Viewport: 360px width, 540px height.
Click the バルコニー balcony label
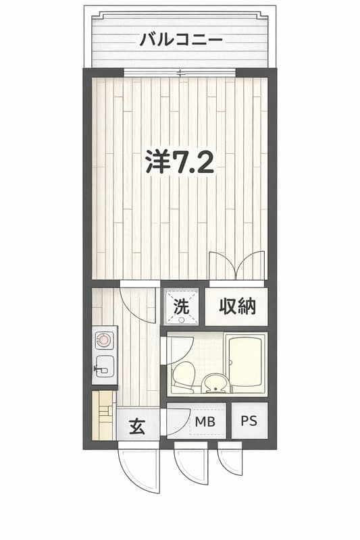pyautogui.click(x=181, y=40)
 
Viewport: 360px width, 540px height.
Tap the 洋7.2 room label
pyautogui.click(x=180, y=162)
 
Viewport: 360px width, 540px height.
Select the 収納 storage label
pyautogui.click(x=237, y=306)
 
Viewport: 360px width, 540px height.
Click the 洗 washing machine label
pyautogui.click(x=181, y=306)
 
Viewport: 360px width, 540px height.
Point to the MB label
pyautogui.click(x=205, y=421)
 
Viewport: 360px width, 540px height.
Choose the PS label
pyautogui.click(x=249, y=421)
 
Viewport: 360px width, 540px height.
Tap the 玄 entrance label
pyautogui.click(x=137, y=427)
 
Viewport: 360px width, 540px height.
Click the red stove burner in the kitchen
pyautogui.click(x=103, y=340)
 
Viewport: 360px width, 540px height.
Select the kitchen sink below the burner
pyautogui.click(x=105, y=367)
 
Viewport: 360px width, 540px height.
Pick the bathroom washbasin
pyautogui.click(x=215, y=383)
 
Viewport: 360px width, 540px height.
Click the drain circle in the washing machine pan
pyautogui.click(x=181, y=320)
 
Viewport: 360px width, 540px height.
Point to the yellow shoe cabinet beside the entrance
pyautogui.click(x=103, y=415)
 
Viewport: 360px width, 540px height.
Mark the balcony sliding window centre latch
pyautogui.click(x=181, y=73)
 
